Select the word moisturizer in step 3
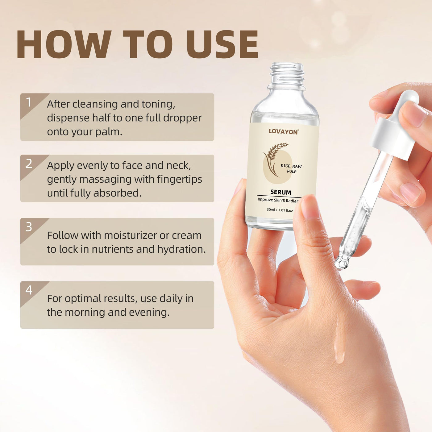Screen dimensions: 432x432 click(x=130, y=235)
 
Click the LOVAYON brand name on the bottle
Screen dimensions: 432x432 click(x=284, y=132)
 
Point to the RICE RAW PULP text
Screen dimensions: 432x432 click(x=291, y=168)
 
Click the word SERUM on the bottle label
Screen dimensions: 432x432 click(x=281, y=192)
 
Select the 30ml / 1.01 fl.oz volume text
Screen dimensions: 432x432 click(x=280, y=210)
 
